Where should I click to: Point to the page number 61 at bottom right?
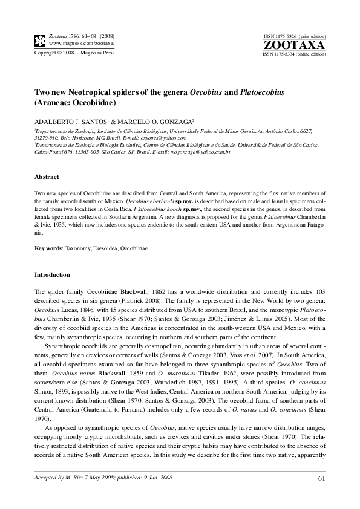click(x=321, y=479)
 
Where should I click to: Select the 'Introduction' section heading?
click(x=52, y=274)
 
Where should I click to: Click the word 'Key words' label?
click(x=48, y=248)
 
